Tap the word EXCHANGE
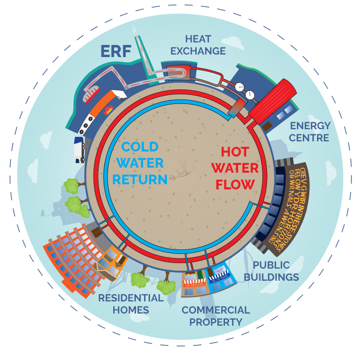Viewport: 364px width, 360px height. [x=198, y=51]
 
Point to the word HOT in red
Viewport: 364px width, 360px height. [x=234, y=151]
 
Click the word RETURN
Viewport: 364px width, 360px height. [x=140, y=180]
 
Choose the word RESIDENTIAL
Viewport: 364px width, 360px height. [x=131, y=298]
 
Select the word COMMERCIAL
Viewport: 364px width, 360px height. [x=215, y=310]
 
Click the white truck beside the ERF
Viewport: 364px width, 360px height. [x=78, y=149]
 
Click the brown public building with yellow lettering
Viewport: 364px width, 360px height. [x=293, y=207]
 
